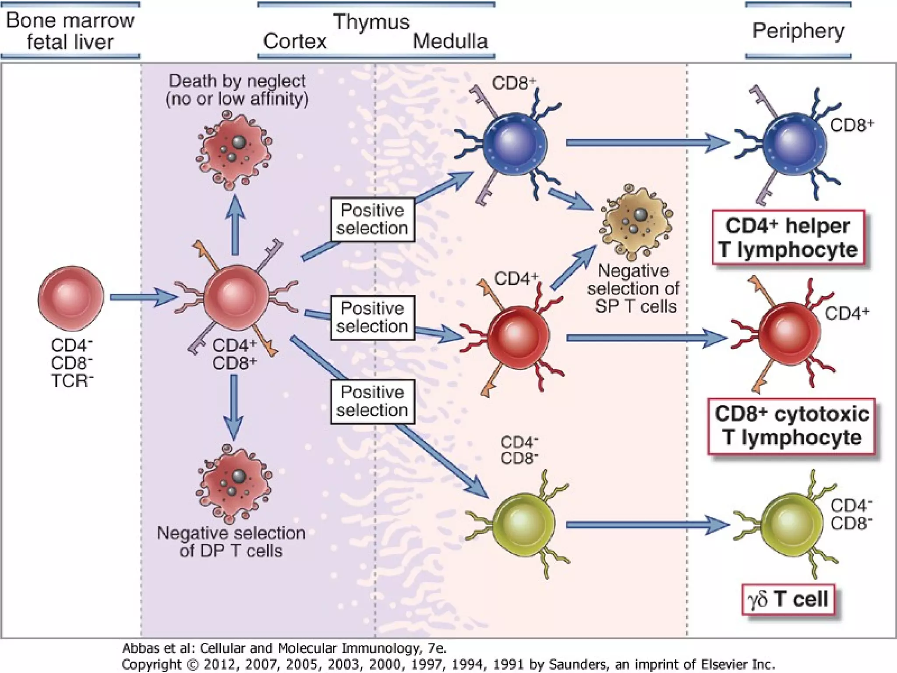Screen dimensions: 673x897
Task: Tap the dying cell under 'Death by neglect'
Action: click(x=235, y=151)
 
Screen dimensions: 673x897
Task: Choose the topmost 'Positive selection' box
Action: click(x=372, y=220)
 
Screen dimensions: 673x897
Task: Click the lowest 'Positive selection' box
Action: click(x=372, y=401)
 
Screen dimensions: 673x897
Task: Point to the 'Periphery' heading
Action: click(x=798, y=31)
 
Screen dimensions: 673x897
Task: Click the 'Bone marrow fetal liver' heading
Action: click(x=70, y=31)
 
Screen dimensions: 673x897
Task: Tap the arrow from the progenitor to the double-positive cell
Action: click(x=142, y=298)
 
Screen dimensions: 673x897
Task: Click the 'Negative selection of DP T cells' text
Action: click(x=231, y=542)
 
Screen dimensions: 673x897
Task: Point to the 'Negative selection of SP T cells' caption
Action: click(x=633, y=288)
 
